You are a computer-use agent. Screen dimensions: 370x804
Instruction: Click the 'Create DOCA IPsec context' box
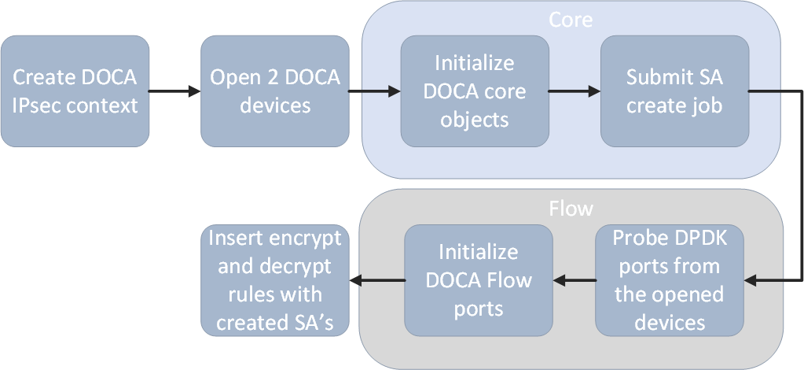point(75,91)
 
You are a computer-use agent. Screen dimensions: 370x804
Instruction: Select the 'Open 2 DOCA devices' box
point(274,91)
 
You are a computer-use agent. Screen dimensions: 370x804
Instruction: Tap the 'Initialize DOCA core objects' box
point(474,91)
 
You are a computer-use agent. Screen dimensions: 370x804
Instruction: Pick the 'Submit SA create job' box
point(674,91)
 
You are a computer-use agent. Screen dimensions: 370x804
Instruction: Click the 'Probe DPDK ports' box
point(668,280)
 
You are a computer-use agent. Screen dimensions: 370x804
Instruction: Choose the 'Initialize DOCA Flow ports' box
point(479,280)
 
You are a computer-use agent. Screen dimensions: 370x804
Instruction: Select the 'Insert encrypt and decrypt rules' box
point(274,280)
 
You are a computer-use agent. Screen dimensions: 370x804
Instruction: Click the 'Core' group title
point(571,20)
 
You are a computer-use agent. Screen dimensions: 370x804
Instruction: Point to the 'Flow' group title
point(571,209)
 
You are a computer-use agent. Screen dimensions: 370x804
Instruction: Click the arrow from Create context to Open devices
point(174,91)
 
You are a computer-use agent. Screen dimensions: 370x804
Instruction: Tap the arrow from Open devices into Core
point(374,91)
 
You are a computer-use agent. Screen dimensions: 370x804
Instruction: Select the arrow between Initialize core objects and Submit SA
point(574,91)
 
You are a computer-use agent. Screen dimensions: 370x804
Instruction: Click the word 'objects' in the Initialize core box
point(474,120)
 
